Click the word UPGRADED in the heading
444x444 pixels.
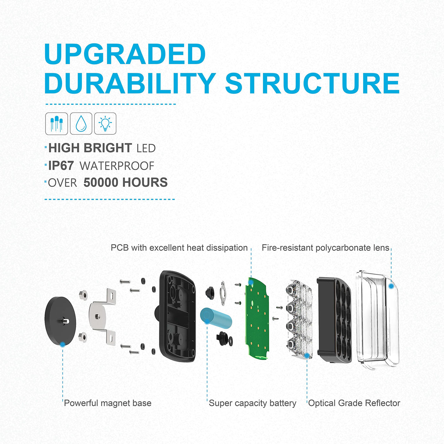coord(125,54)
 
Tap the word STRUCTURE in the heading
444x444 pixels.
coord(312,83)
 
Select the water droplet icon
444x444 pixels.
coord(81,123)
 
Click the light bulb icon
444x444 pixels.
coord(105,123)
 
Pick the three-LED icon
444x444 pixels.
coord(56,123)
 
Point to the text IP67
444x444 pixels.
coord(61,166)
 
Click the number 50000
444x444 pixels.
coord(101,183)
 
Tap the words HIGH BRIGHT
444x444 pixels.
coord(90,148)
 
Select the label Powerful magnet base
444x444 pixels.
coord(108,403)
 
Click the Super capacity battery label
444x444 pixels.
coord(252,403)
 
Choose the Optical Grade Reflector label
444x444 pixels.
coord(354,403)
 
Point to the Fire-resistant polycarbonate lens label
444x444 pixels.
coord(325,248)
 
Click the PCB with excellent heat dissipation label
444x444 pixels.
coord(179,248)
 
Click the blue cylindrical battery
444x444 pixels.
coord(216,318)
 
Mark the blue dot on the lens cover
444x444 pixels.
coord(391,286)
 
